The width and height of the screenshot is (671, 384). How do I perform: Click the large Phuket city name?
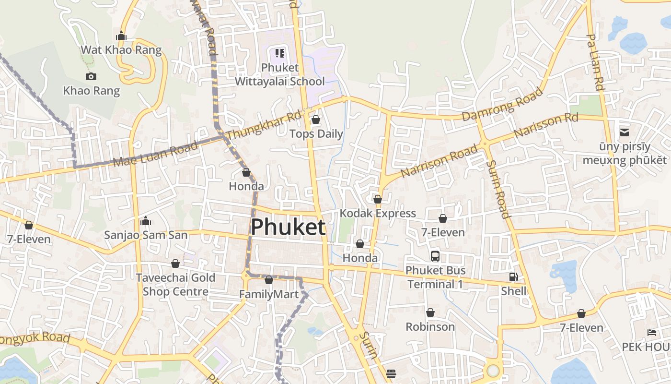(x=288, y=227)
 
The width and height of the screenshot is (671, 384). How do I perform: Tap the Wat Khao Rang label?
(x=121, y=50)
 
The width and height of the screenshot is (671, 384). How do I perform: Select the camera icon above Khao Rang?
(x=91, y=76)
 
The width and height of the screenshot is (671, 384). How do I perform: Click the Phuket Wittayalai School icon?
(x=280, y=53)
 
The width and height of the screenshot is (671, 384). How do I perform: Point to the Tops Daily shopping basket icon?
(x=316, y=120)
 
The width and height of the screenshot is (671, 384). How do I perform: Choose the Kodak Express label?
(x=378, y=213)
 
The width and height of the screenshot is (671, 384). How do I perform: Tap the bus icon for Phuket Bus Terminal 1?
(x=435, y=256)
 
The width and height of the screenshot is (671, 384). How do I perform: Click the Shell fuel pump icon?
(x=513, y=277)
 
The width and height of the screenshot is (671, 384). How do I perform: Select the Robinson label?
(x=430, y=327)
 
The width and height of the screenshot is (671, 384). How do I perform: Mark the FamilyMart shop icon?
(x=269, y=280)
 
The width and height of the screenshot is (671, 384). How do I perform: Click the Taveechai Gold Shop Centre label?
(x=175, y=285)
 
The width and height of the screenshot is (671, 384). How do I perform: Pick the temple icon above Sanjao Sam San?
(x=146, y=221)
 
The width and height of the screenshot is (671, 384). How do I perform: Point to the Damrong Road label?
(x=502, y=104)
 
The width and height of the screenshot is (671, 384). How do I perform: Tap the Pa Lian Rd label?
(x=595, y=62)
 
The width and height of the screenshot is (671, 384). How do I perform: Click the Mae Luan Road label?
(x=156, y=154)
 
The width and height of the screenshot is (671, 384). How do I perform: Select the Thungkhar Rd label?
(x=264, y=126)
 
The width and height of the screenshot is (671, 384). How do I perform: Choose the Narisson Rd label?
(x=546, y=125)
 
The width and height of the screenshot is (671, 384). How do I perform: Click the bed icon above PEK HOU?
(x=652, y=332)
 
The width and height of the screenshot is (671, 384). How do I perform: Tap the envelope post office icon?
(x=625, y=132)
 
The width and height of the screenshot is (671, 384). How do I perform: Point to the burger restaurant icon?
(x=391, y=373)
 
